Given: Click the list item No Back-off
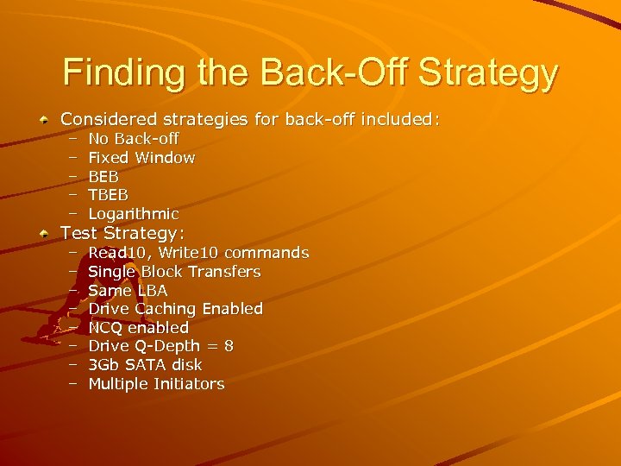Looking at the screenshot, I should point(134,139).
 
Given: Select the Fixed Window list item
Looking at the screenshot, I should point(141,158).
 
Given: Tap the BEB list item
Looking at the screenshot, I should point(103,177).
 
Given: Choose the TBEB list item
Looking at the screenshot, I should point(109,195).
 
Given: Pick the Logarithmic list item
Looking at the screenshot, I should point(134,214).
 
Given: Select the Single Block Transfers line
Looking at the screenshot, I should point(174,272).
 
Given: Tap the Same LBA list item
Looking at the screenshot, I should point(128,291).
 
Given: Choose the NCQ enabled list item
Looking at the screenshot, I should point(138,328).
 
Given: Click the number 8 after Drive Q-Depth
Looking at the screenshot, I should point(228,346).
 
